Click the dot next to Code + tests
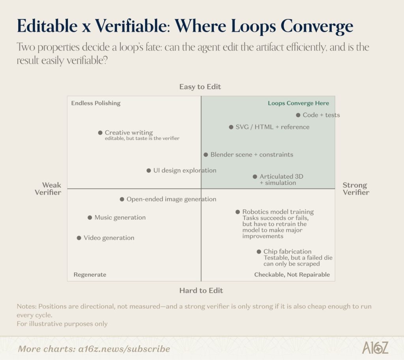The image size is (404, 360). [298, 115]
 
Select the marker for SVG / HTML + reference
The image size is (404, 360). [231, 127]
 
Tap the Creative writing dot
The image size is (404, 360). [100, 132]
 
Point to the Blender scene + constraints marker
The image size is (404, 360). [206, 155]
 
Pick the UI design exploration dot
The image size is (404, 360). [149, 170]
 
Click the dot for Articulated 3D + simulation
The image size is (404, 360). [255, 177]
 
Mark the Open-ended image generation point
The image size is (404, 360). [122, 199]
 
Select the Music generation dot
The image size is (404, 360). [90, 218]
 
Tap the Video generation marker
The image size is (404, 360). [79, 238]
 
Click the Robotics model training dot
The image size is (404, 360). [238, 212]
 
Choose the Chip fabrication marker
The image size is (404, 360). [259, 252]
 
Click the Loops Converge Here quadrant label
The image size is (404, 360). [298, 103]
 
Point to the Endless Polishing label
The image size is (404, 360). [96, 103]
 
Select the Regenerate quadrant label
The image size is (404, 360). [90, 274]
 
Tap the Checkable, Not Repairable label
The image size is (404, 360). [292, 274]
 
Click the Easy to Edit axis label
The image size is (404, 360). [200, 86]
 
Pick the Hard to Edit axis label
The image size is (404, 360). [201, 291]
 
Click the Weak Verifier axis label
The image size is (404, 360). [48, 189]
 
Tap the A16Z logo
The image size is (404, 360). [375, 348]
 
